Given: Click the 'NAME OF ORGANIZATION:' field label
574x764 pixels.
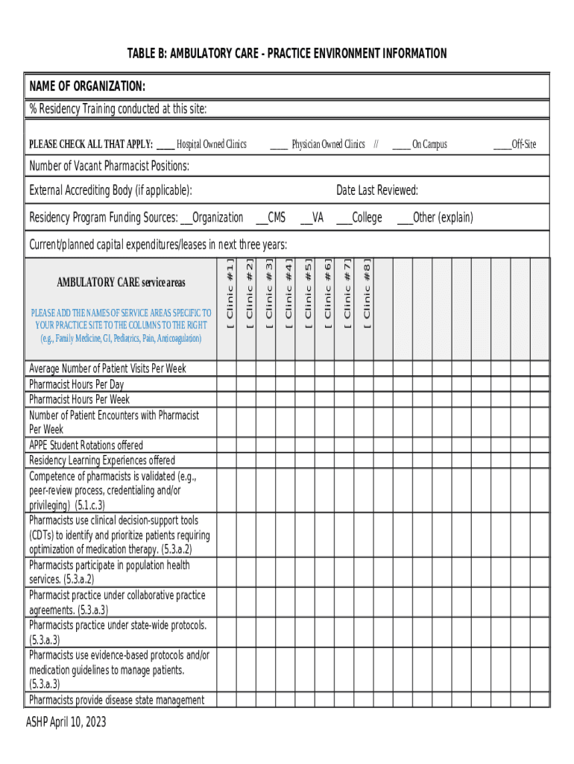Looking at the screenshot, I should (x=87, y=87).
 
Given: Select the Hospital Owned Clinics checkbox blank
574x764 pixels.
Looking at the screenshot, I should (x=165, y=144).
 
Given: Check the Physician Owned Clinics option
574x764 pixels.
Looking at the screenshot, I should (x=279, y=144).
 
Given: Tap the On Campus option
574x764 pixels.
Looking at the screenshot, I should (x=401, y=144).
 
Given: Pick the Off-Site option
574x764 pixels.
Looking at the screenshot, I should (x=502, y=144).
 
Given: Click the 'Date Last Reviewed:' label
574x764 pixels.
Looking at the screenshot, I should (x=376, y=190).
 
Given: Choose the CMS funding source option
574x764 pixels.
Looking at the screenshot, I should (x=262, y=218).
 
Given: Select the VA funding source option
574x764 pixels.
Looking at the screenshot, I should (x=306, y=218).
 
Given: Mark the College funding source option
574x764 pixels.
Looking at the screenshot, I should (x=344, y=218).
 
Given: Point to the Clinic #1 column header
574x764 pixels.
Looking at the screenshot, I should (x=230, y=295).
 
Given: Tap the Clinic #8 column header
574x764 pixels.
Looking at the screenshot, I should (x=367, y=295).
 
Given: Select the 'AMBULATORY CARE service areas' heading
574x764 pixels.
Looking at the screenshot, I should (x=121, y=282).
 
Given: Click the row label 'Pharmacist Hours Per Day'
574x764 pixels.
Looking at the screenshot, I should (x=76, y=384).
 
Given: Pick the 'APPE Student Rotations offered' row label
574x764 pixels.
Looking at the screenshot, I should (x=86, y=445).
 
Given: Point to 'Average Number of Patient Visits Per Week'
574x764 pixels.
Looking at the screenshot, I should (x=107, y=369).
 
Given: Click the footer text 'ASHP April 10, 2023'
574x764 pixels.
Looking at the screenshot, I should (x=66, y=721).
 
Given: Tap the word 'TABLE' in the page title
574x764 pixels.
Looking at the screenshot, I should (x=142, y=54).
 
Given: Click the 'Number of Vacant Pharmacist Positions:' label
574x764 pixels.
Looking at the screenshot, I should (x=109, y=165).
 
